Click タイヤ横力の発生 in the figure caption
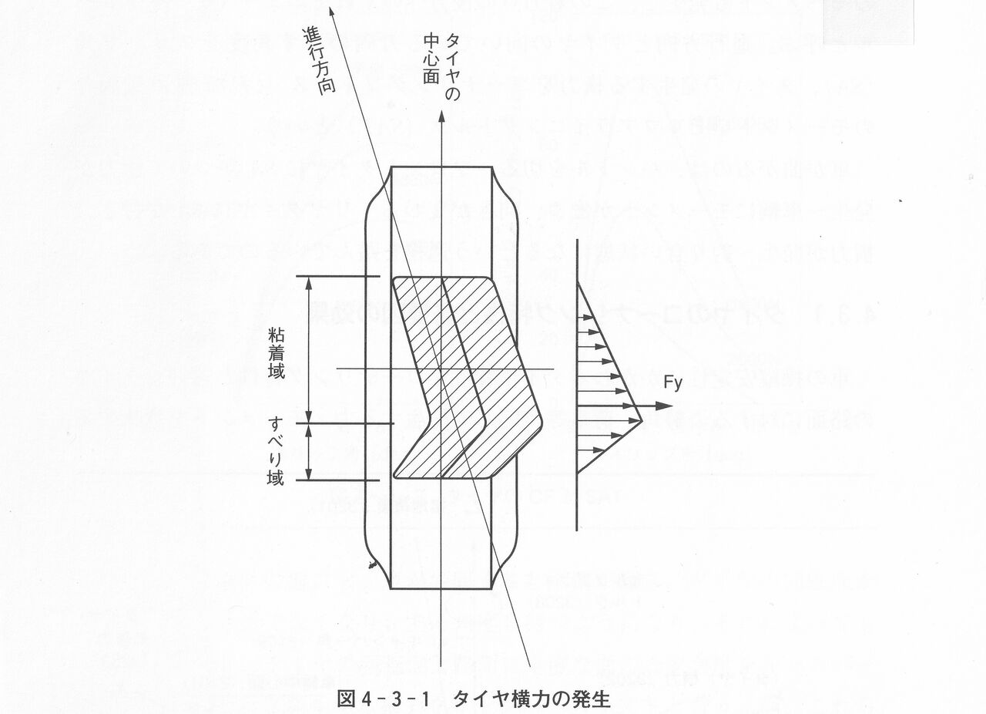coord(532,699)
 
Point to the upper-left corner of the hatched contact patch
coord(394,280)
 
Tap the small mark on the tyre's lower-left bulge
coord(373,566)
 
